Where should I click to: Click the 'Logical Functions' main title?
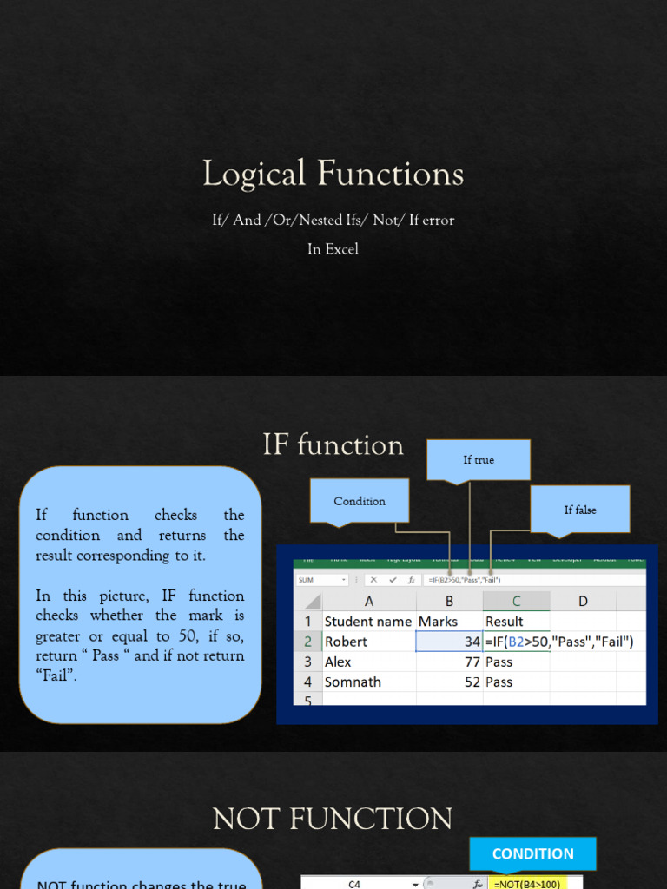[x=333, y=174]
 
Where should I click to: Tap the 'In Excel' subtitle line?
[x=333, y=249]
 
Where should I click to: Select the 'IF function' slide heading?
[x=333, y=445]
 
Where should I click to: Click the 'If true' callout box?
[x=478, y=460]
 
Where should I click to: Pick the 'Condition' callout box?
[x=360, y=501]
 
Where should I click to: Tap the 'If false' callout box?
[x=580, y=510]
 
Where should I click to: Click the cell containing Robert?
[x=346, y=642]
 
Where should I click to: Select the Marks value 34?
[x=472, y=642]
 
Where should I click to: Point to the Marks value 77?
[x=472, y=662]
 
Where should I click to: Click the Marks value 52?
[x=472, y=682]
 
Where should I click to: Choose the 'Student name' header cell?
[x=367, y=622]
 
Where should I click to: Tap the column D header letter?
[x=583, y=601]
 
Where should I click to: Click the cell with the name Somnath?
[x=353, y=682]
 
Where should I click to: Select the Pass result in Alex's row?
[x=499, y=662]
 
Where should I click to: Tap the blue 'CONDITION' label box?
[x=532, y=853]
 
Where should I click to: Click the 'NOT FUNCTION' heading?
[x=333, y=819]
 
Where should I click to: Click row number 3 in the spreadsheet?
[x=307, y=662]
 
